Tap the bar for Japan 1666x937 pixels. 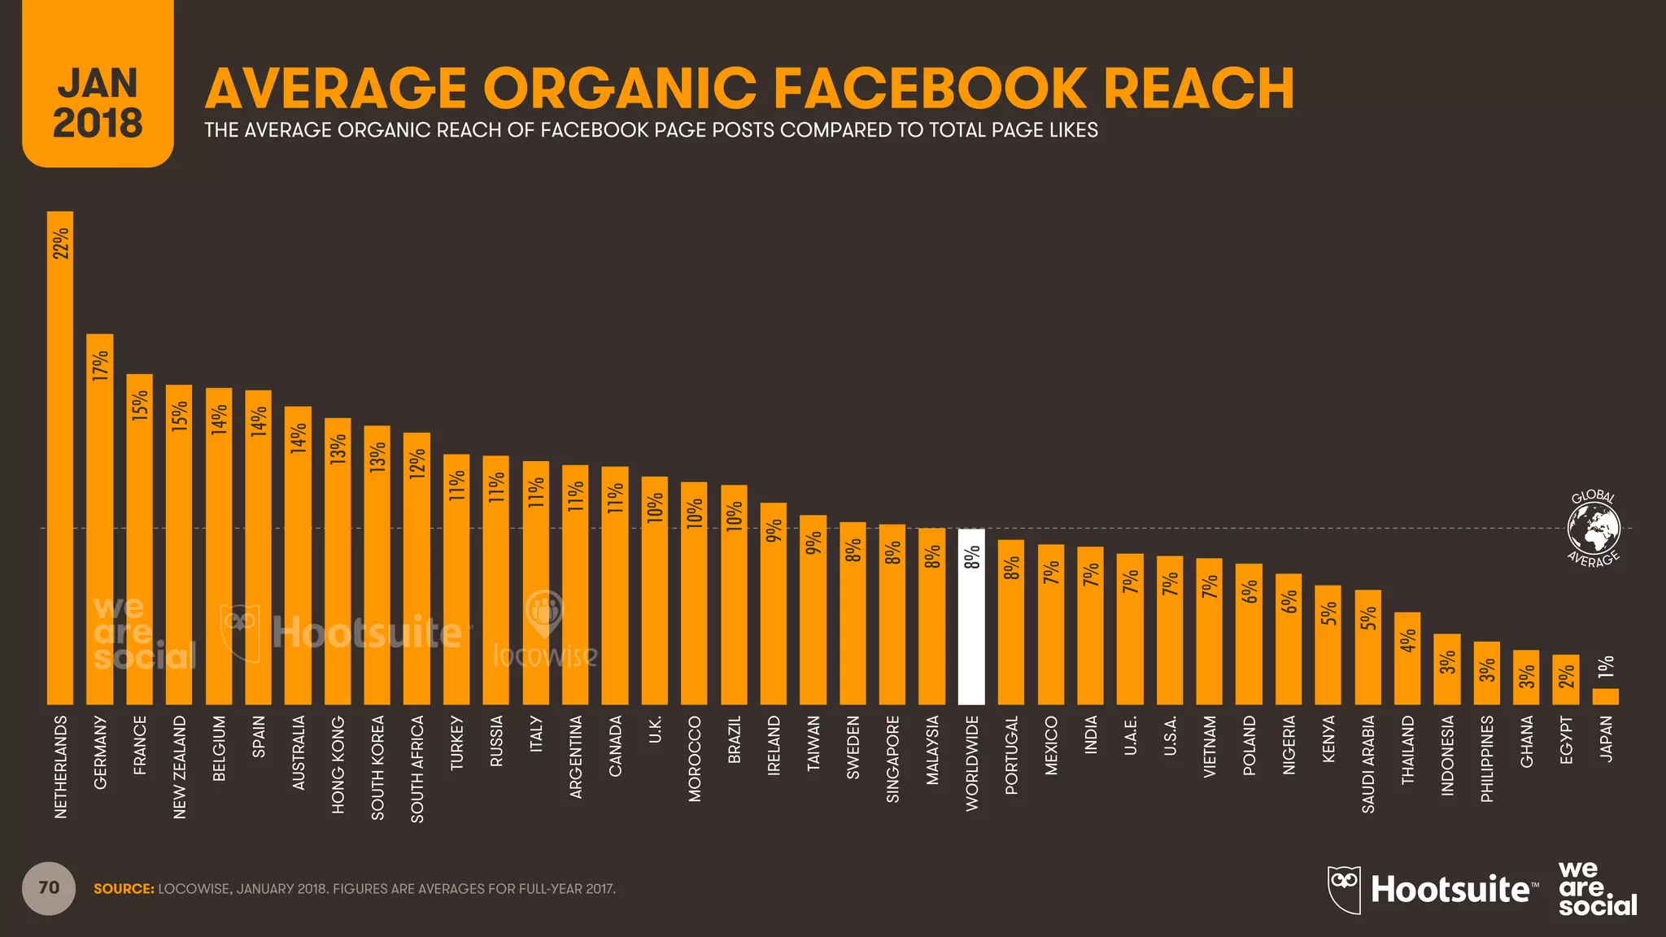(1605, 696)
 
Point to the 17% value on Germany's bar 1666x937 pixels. (100, 365)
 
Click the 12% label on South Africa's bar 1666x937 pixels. (417, 464)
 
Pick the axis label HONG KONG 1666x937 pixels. (338, 765)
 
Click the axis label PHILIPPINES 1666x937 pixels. (1487, 759)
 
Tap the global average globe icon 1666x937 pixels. (1594, 528)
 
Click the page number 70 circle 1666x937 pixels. (49, 888)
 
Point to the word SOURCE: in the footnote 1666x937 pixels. (124, 889)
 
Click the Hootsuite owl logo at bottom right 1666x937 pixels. (1344, 889)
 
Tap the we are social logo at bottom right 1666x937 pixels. (1597, 889)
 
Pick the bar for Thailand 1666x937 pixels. (1407, 659)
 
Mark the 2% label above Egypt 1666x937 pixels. (1566, 675)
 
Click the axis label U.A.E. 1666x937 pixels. (1130, 735)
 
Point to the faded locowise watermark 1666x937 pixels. (545, 634)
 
